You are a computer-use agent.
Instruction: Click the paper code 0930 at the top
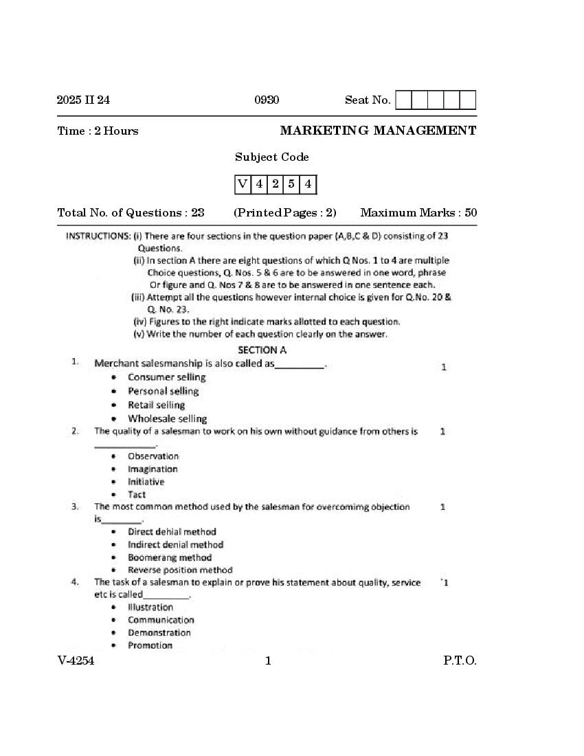coord(267,100)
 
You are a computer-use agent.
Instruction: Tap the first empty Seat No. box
coord(403,100)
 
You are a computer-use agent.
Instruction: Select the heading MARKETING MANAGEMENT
coord(378,131)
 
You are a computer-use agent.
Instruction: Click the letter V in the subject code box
coord(243,184)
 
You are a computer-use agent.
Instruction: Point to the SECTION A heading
coord(262,350)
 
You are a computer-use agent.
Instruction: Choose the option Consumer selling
coord(166,377)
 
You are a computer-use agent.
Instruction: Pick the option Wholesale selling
coord(167,419)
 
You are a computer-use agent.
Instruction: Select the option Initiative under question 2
coord(146,482)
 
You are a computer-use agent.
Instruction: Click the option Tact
coord(137,494)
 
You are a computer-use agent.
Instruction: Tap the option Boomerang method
coord(169,557)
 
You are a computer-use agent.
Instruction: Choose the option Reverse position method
coord(180,570)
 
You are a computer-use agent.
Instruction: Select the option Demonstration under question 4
coord(159,632)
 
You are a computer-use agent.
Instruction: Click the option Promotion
coord(150,645)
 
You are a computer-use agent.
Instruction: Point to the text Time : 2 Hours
coord(98,131)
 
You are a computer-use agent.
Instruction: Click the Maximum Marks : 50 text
coord(418,212)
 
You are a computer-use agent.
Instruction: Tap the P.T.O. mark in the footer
coord(460,661)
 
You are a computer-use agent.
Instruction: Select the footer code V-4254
coord(76,661)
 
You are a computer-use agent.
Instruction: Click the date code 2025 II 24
coord(83,100)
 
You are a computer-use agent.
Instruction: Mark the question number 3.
coord(75,507)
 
